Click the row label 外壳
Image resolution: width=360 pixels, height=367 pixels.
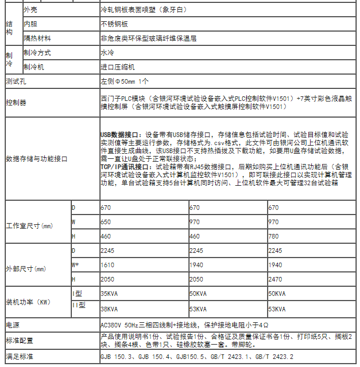(32, 10)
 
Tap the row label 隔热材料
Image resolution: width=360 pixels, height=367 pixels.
(37, 38)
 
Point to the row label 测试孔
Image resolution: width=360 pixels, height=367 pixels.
(16, 82)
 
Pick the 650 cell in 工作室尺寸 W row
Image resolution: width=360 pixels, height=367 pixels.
(106, 221)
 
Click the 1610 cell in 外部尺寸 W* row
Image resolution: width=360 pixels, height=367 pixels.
(107, 266)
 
